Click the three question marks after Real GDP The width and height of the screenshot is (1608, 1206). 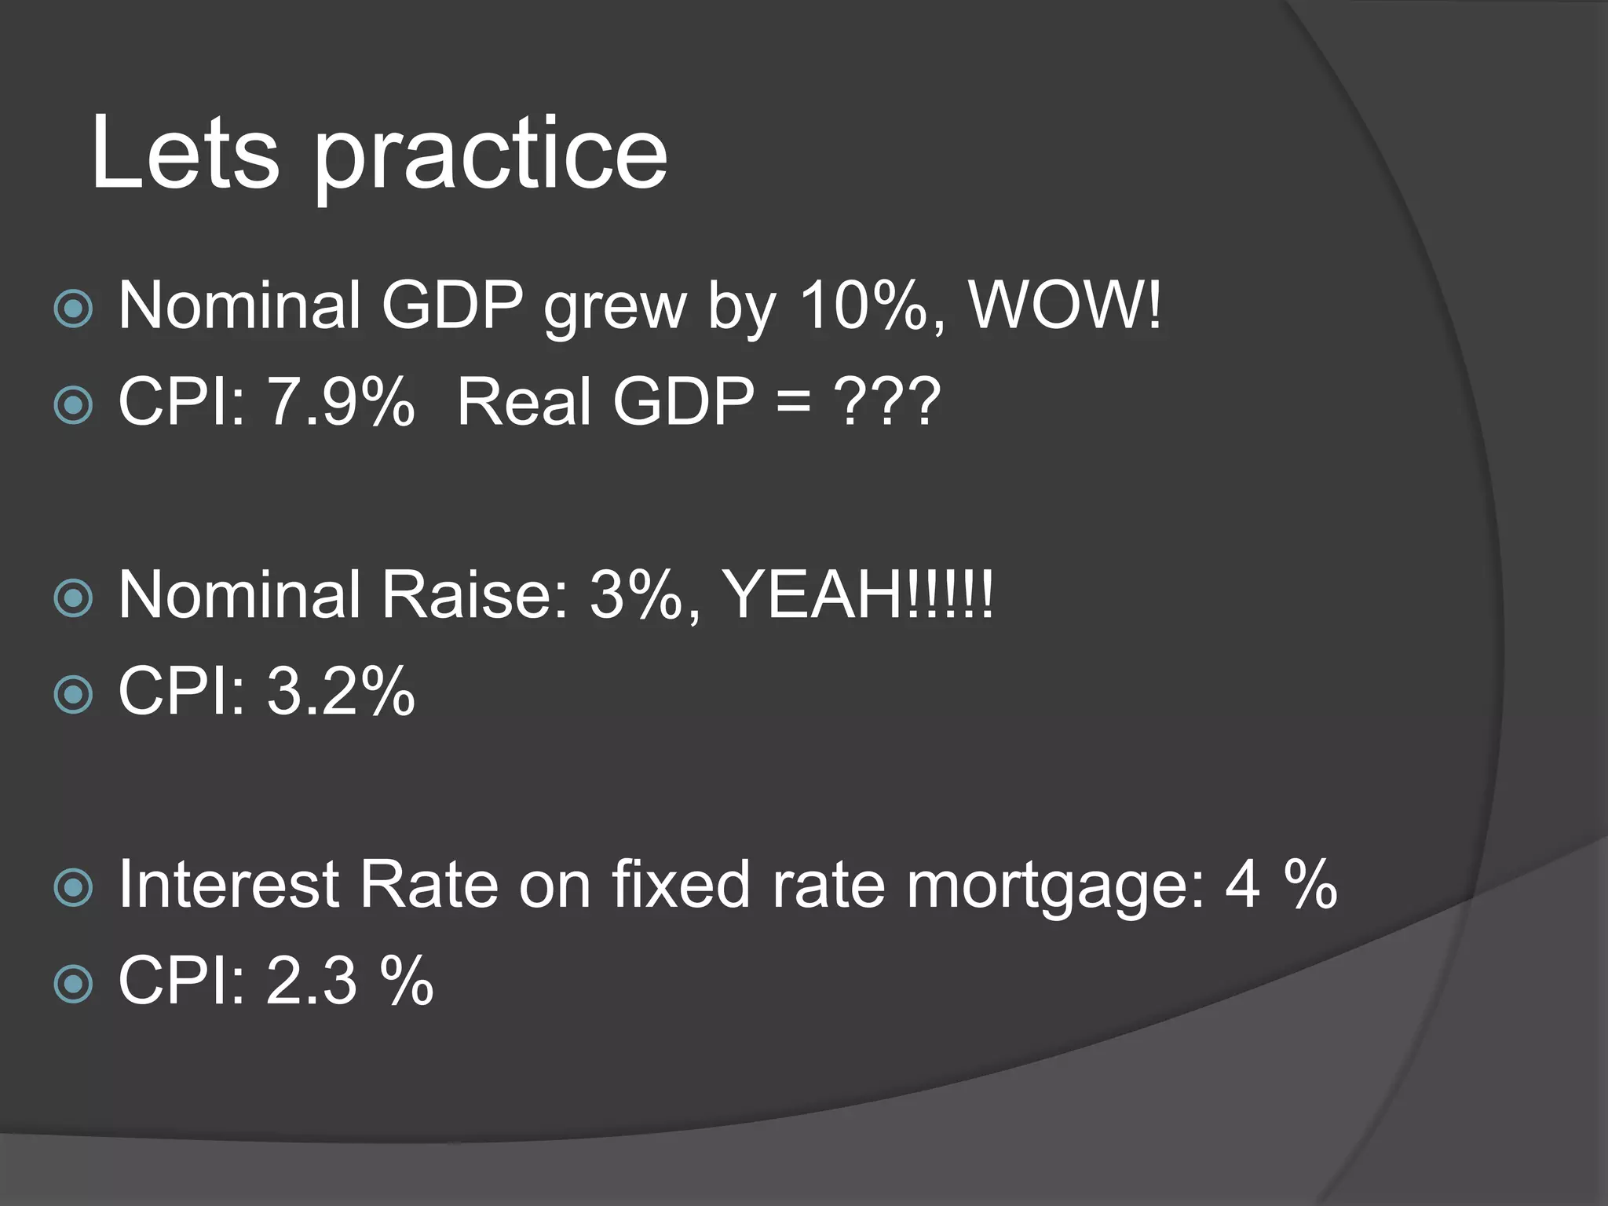pyautogui.click(x=887, y=402)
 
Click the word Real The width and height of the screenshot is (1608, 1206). pyautogui.click(x=524, y=402)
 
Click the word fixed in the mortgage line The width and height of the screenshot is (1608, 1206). pyautogui.click(x=680, y=885)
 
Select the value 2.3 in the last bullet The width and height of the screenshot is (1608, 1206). pyautogui.click(x=312, y=981)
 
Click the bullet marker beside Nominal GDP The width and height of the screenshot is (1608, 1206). pyautogui.click(x=74, y=309)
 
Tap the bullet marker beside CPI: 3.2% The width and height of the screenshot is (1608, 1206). pyautogui.click(x=74, y=694)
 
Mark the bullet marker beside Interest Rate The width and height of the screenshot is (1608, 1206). pyautogui.click(x=74, y=888)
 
